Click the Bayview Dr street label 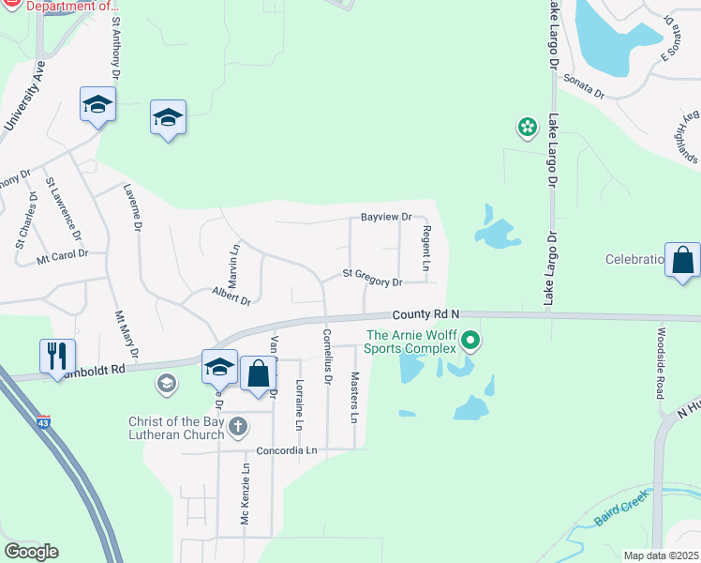pyautogui.click(x=386, y=217)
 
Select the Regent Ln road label pyautogui.click(x=426, y=249)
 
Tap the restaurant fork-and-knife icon pyautogui.click(x=57, y=356)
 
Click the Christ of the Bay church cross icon pyautogui.click(x=238, y=427)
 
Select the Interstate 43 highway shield pyautogui.click(x=43, y=422)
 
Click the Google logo pyautogui.click(x=31, y=552)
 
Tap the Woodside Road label pyautogui.click(x=661, y=362)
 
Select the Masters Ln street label pyautogui.click(x=355, y=396)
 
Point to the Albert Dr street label pyautogui.click(x=231, y=298)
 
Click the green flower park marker pyautogui.click(x=528, y=126)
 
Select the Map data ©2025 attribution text pyautogui.click(x=660, y=555)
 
